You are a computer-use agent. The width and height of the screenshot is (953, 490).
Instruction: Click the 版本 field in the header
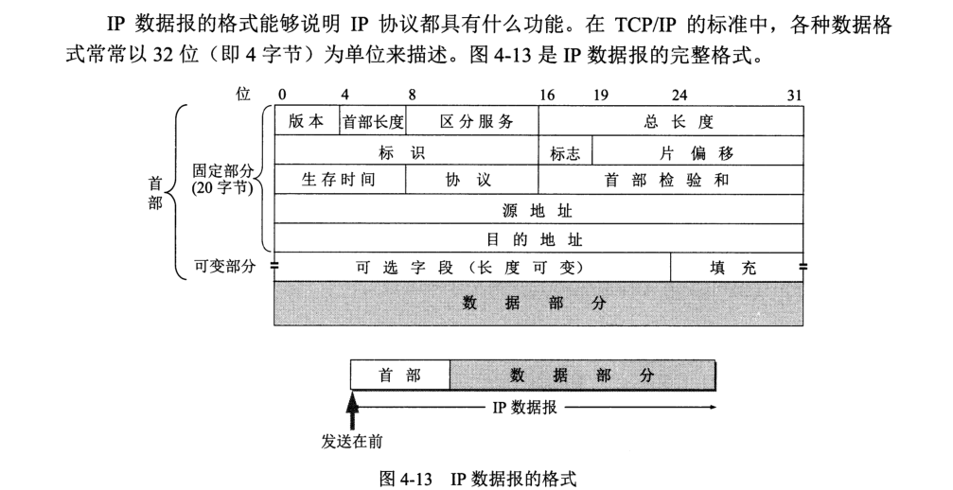tap(306, 122)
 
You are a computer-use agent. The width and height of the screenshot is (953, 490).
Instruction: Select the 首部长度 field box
tap(372, 122)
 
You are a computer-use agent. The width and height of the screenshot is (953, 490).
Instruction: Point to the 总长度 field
tap(671, 122)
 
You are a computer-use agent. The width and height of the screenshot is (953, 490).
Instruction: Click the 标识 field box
tap(406, 151)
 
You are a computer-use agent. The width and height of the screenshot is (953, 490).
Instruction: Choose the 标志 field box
tap(565, 151)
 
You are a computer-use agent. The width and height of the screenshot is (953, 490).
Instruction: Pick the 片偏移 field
tap(697, 151)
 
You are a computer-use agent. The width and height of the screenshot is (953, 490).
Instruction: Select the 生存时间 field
tap(339, 180)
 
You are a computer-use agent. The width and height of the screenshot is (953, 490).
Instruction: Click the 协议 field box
tap(471, 180)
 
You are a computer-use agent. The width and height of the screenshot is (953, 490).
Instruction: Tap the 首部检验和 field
tap(671, 180)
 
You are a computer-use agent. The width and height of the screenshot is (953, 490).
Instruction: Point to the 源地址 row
tap(538, 209)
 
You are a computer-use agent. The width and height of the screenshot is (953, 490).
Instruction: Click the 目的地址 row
tap(538, 238)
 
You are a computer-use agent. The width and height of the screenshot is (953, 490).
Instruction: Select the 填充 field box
tap(735, 268)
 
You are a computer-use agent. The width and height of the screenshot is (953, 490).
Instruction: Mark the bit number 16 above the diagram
tap(547, 94)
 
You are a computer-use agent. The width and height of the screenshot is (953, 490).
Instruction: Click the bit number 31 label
tap(794, 94)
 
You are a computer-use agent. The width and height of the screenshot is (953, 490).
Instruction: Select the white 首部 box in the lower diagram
tap(399, 376)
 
